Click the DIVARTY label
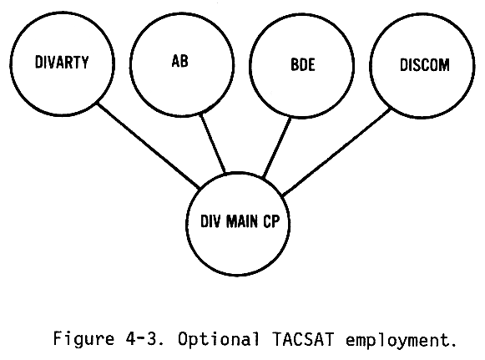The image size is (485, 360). tap(62, 62)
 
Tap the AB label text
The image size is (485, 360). tap(180, 61)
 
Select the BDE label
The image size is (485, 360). tap(303, 64)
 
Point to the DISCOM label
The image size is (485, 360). tap(424, 65)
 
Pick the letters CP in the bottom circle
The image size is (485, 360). tap(271, 221)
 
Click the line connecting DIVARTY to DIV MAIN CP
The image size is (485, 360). tap(149, 146)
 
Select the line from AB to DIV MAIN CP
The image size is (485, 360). tap(213, 143)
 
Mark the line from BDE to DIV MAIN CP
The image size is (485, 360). tap(277, 147)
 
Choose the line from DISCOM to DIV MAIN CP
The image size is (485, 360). tap(336, 152)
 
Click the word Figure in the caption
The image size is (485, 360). tap(83, 339)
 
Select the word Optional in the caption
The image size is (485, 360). tap(219, 339)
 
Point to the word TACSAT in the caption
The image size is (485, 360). tap(303, 339)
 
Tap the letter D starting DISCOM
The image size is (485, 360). tap(404, 65)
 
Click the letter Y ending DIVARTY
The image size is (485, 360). tap(85, 62)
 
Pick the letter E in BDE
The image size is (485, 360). tap(311, 64)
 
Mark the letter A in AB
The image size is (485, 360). tap(175, 61)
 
